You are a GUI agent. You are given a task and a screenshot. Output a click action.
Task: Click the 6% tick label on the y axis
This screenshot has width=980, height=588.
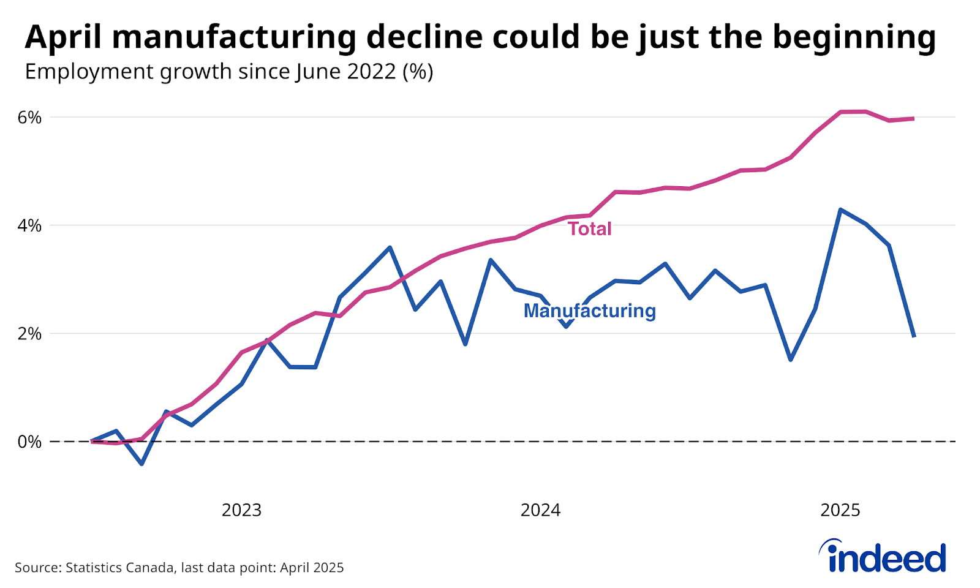(29, 118)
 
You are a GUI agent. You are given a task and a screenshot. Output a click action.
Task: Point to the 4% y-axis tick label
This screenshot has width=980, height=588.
(29, 226)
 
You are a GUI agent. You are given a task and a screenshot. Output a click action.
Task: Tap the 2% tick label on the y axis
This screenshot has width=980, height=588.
(29, 334)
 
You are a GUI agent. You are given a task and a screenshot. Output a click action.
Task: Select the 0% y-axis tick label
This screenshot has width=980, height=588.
(29, 442)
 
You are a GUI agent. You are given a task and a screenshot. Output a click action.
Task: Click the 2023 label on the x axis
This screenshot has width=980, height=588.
(241, 510)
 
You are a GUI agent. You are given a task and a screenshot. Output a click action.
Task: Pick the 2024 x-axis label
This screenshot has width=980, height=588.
(540, 510)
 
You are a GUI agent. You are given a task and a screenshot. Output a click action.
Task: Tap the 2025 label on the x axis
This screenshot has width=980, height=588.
(840, 510)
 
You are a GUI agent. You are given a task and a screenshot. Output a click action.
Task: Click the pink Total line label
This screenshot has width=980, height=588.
(589, 229)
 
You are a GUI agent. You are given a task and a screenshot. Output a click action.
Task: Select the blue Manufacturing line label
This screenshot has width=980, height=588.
(589, 311)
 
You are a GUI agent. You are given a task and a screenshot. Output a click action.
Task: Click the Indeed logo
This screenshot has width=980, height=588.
(883, 556)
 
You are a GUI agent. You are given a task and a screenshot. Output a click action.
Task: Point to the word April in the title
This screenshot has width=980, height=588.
(62, 38)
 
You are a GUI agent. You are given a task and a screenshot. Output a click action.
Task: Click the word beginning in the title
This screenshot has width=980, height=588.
(854, 38)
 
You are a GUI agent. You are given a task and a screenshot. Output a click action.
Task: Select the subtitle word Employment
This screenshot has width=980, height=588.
(88, 72)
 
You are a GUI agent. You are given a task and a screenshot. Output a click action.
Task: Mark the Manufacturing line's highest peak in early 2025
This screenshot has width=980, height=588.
(840, 209)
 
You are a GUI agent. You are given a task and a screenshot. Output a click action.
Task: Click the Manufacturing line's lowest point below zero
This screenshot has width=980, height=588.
(141, 464)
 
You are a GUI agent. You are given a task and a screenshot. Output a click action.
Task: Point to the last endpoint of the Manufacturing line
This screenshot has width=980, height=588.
(914, 336)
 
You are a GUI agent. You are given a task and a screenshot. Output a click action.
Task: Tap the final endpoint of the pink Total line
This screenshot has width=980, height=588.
(914, 118)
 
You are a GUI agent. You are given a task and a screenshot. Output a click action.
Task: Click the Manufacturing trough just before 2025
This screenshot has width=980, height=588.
(790, 360)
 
